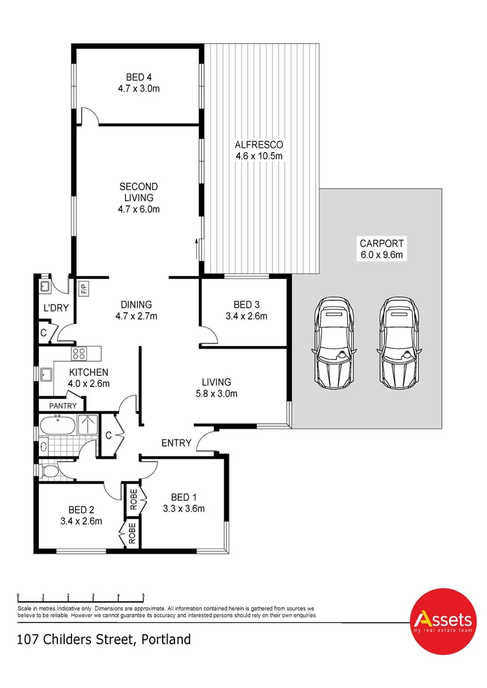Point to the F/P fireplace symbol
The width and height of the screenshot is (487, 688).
84,289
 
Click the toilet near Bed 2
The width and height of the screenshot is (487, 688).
50,472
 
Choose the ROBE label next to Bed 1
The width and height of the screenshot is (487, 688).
133,498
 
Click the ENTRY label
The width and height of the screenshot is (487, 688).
176,443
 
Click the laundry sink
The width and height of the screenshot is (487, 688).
45,286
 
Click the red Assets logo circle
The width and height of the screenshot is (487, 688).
443,620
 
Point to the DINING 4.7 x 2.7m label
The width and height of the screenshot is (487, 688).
134,310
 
